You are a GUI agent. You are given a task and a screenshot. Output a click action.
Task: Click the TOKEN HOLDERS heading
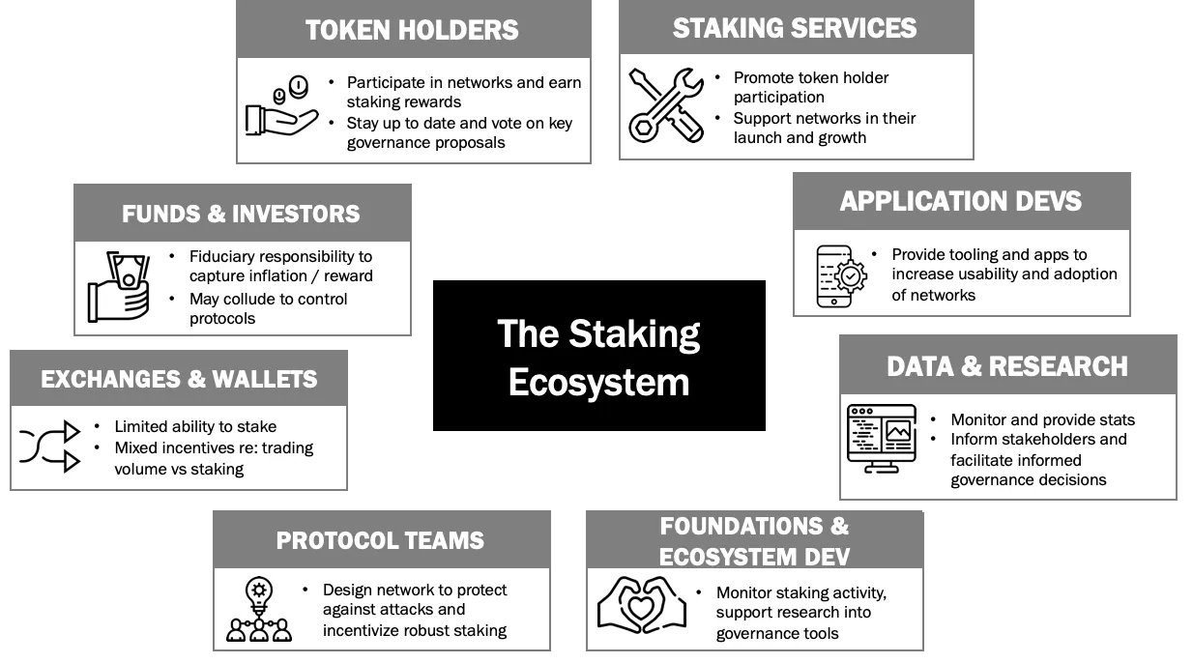point(412,30)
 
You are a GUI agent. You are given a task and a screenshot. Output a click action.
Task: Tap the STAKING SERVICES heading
point(795,27)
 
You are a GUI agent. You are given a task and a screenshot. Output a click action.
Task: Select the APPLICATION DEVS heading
point(960,201)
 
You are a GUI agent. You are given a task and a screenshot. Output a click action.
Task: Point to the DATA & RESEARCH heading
point(1006,366)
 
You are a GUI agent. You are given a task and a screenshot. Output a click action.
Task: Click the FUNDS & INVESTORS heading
point(241,214)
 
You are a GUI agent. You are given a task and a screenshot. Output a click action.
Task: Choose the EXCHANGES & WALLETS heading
point(179,379)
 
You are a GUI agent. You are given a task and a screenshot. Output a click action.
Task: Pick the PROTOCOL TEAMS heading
point(380,540)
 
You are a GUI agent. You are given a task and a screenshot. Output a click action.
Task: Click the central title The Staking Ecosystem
point(598,357)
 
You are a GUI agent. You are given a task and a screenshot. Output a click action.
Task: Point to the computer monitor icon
point(881,438)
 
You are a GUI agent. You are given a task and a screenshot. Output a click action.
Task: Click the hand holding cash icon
point(120,286)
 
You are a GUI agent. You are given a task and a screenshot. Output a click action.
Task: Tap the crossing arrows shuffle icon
point(49,445)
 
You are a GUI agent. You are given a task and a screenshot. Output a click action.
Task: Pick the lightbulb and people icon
point(259,609)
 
